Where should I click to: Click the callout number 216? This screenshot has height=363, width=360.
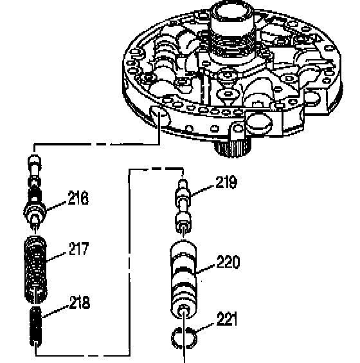point(78,198)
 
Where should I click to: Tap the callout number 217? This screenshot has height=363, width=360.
point(78,248)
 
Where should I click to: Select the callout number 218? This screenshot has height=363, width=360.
point(80,302)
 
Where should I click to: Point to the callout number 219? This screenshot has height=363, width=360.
point(226,182)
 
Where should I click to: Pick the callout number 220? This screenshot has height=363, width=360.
point(228,262)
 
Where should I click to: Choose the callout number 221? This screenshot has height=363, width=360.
point(227,319)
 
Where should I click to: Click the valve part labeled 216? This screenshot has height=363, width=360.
point(35,193)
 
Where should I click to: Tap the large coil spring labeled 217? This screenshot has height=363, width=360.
point(35,270)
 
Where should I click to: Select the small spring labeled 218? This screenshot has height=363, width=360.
point(35,326)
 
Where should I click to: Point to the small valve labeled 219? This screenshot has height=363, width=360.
point(183,207)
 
